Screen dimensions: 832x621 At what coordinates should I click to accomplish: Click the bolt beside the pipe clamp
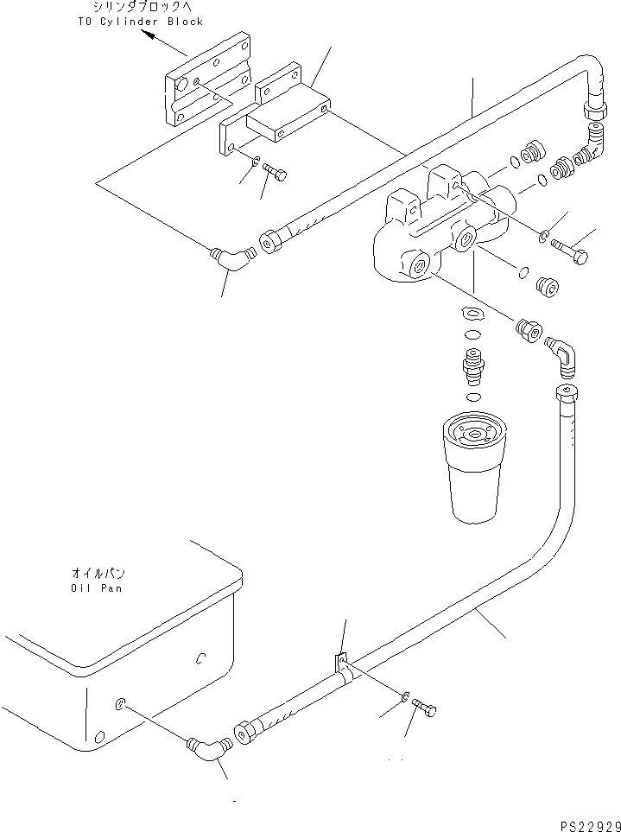426,708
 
